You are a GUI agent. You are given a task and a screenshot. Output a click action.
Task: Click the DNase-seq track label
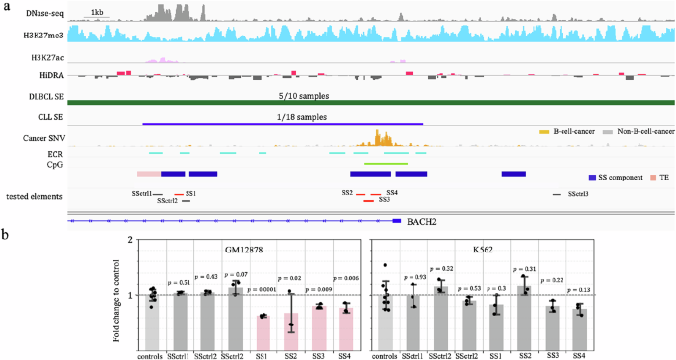pos(41,12)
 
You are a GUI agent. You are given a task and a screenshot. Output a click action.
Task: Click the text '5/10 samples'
pos(304,96)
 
